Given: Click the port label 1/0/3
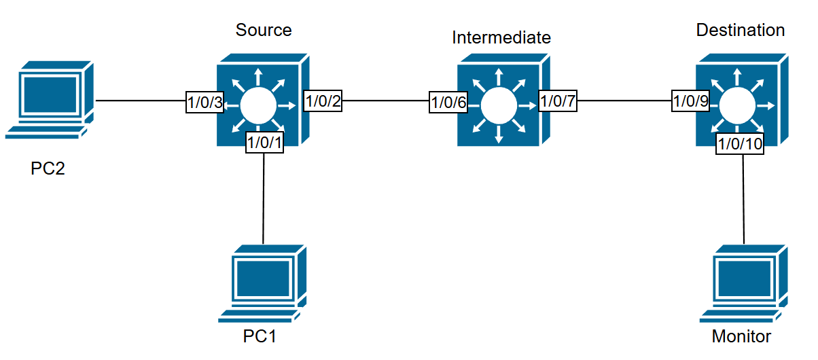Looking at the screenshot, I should click(204, 104).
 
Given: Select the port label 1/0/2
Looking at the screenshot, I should click(323, 102).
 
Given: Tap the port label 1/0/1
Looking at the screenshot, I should click(264, 143).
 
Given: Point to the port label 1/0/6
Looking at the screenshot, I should click(448, 103).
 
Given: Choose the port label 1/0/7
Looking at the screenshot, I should click(557, 102).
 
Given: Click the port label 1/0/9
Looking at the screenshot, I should click(690, 102).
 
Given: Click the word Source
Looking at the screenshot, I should click(264, 30).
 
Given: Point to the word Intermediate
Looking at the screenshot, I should click(501, 37).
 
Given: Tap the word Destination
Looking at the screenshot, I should click(741, 31).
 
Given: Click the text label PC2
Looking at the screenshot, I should click(48, 168).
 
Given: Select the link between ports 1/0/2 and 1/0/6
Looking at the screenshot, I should click(385, 103).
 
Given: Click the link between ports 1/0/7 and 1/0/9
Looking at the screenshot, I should click(624, 103).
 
